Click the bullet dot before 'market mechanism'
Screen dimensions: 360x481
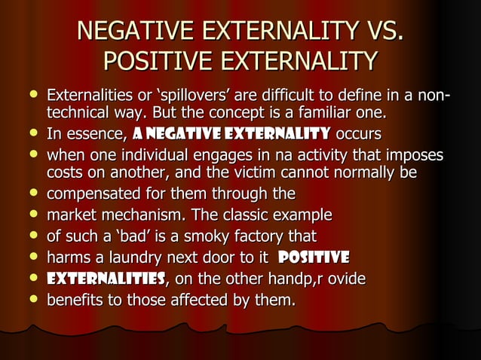34,215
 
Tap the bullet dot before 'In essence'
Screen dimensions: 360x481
34,134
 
